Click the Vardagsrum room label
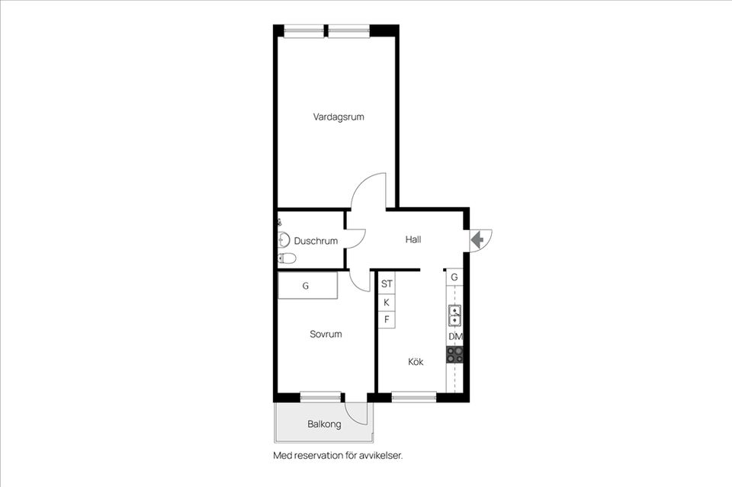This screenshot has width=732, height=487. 339,117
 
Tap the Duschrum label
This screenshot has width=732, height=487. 316,241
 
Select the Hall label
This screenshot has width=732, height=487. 413,240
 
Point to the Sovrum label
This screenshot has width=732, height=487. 326,334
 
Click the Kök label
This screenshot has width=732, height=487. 416,361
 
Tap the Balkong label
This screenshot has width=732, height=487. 324,424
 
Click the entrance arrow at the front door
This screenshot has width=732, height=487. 477,240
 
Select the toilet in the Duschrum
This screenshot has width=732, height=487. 287,258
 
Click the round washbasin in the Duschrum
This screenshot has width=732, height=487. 284,240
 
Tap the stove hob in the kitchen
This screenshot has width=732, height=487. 455,354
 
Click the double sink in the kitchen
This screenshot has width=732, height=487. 454,316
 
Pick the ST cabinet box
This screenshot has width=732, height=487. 387,284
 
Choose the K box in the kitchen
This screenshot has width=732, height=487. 387,303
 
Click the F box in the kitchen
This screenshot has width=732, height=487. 387,319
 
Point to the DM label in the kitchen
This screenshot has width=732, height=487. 456,336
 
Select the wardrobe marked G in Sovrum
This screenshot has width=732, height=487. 307,286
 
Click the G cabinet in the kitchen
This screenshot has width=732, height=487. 454,277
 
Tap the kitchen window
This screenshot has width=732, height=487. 414,397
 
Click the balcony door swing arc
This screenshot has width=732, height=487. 358,416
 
